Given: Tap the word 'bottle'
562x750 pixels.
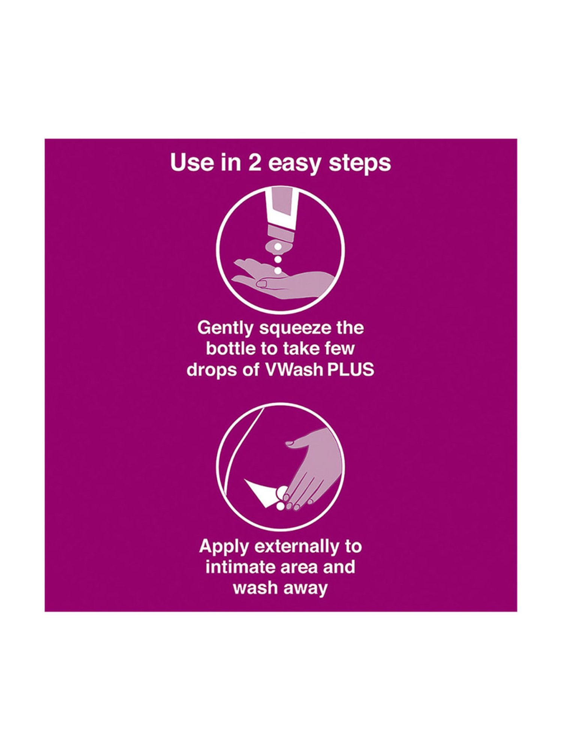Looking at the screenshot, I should point(230,349).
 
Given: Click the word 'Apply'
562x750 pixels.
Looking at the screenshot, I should point(224,547).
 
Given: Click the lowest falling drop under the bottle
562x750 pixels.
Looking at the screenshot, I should point(278,270).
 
